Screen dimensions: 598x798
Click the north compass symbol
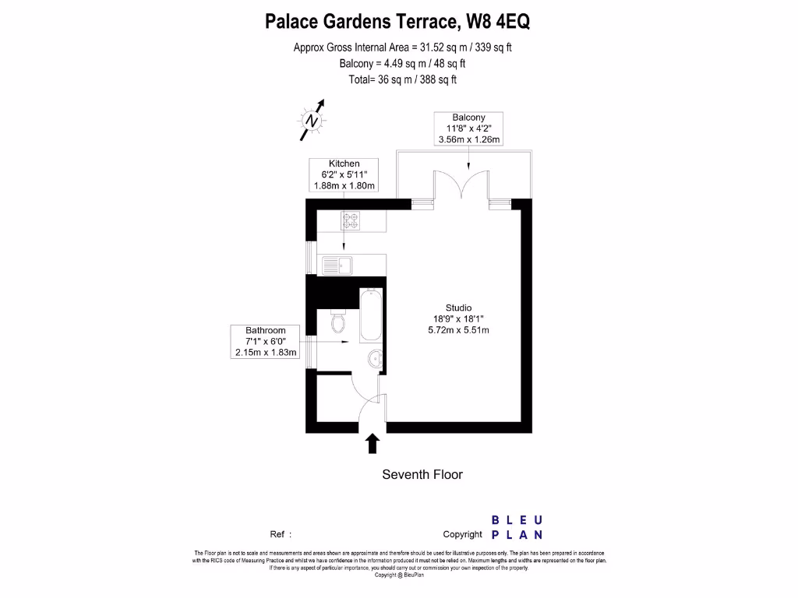[x=312, y=121]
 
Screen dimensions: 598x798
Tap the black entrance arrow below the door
[x=373, y=443]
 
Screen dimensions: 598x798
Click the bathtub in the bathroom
[x=371, y=315]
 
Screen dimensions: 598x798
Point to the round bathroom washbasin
[x=374, y=358]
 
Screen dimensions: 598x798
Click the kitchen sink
[x=337, y=265]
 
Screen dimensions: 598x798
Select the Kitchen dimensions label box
[x=344, y=174]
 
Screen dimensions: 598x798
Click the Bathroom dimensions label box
[x=266, y=341]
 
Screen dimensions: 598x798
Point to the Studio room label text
[x=458, y=308]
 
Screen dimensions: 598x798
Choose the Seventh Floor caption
[x=422, y=474]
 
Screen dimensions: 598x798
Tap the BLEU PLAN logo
[x=517, y=527]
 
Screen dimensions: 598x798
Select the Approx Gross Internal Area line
[x=402, y=47]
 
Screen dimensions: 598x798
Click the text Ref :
[x=281, y=534]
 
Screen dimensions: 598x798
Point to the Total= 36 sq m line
[x=402, y=79]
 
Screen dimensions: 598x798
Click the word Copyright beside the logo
[x=462, y=534]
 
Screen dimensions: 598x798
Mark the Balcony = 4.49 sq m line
[x=402, y=64]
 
